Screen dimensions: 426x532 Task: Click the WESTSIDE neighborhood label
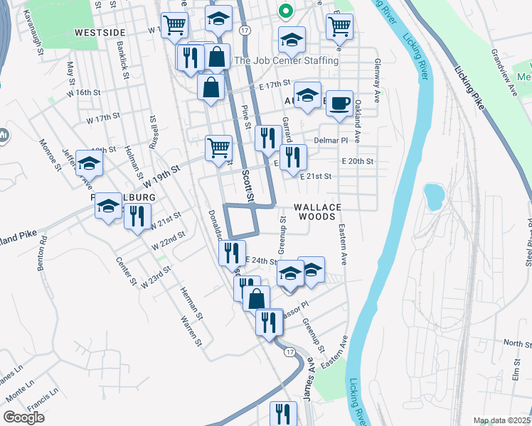[x=100, y=33]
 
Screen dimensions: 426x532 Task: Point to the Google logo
[x=23, y=417]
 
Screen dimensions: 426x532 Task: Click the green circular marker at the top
[x=284, y=11]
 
